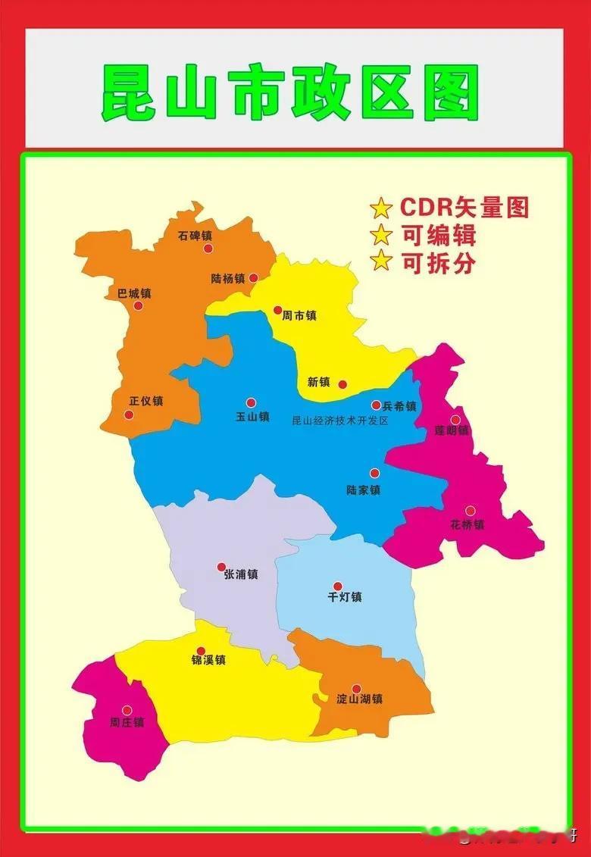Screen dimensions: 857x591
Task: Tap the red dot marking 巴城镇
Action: (138, 306)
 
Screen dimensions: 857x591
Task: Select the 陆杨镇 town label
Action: (227, 278)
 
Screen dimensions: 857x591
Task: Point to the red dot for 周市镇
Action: (277, 310)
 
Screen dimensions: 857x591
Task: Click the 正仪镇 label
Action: (146, 401)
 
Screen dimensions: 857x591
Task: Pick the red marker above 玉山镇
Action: (251, 403)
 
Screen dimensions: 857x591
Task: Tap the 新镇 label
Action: (318, 382)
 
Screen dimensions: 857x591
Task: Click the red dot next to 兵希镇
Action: (376, 405)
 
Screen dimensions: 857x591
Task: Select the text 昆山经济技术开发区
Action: (339, 421)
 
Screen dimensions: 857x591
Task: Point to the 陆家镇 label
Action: (363, 490)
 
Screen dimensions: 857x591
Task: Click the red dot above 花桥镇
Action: (470, 511)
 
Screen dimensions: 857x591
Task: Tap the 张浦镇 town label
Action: (241, 574)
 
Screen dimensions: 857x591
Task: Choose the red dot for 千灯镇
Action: (338, 586)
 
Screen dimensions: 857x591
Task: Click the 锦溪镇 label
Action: (208, 660)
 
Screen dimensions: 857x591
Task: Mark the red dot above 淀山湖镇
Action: (356, 689)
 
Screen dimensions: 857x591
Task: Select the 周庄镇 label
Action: (127, 722)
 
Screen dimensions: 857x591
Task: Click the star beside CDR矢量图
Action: (381, 208)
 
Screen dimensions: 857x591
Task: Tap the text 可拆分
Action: (439, 262)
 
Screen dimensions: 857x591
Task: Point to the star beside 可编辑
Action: (381, 235)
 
